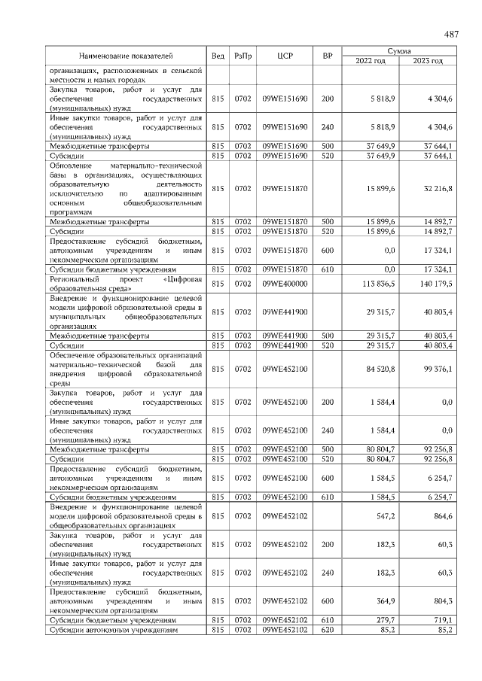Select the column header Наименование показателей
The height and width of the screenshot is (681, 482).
[127, 56]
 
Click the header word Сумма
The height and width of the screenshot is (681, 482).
[399, 50]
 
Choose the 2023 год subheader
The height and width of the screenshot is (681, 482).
[428, 61]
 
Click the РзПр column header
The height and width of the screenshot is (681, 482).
[243, 56]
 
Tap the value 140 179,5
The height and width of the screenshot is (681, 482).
[435, 284]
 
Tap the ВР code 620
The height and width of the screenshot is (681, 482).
[328, 630]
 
